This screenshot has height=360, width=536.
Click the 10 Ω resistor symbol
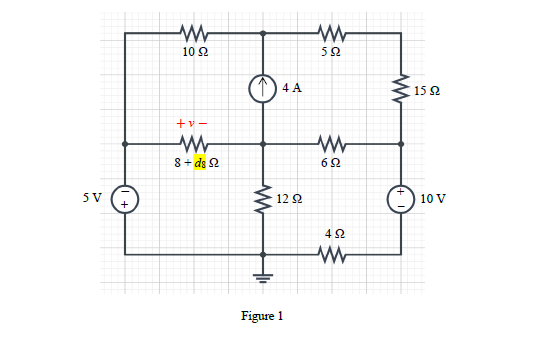coord(193,32)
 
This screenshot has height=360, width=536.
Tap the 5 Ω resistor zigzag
coord(330,32)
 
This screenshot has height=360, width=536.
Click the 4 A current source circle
coord(263,88)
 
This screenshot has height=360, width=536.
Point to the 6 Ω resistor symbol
coord(331,143)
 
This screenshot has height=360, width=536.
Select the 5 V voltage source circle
coord(125,198)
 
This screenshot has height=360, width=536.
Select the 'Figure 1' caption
coord(263,316)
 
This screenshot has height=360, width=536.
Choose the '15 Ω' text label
coord(428,91)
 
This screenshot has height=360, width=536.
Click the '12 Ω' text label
coord(289,199)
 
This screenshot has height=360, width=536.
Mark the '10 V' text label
coord(434,198)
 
